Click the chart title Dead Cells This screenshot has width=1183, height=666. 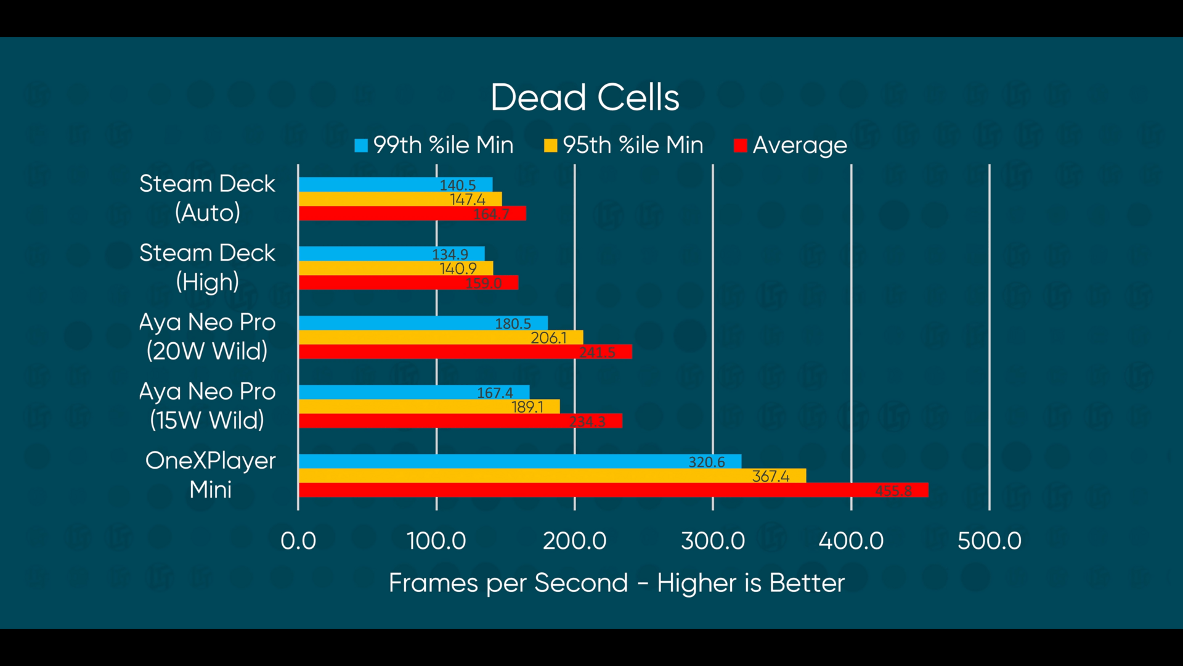(585, 97)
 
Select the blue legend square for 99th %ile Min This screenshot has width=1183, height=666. (361, 146)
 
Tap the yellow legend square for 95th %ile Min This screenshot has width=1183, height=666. (550, 146)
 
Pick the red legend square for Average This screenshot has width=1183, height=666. (740, 146)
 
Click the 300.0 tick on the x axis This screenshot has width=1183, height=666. (713, 541)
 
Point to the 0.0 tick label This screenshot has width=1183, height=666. (298, 541)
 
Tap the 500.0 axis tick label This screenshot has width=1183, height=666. (989, 541)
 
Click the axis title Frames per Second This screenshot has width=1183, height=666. (616, 583)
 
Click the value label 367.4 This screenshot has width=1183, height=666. (770, 476)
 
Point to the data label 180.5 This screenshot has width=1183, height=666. (513, 323)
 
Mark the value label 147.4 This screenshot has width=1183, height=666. (467, 199)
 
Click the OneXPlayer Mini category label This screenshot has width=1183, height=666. (210, 475)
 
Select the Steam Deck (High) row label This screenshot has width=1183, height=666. (207, 267)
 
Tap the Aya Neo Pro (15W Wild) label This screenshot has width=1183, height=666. (207, 406)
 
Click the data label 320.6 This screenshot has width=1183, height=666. (706, 462)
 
